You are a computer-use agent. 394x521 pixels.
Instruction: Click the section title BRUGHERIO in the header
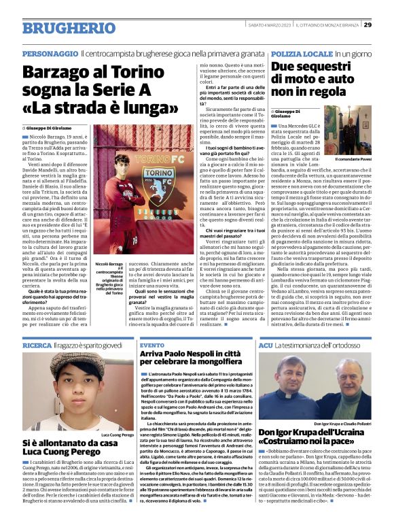pyautogui.click(x=60, y=28)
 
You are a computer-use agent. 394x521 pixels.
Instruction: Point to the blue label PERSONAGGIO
pyautogui.click(x=50, y=53)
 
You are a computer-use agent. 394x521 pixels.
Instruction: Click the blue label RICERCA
pyautogui.click(x=37, y=346)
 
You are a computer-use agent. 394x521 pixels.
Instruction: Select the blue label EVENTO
pyautogui.click(x=151, y=346)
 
